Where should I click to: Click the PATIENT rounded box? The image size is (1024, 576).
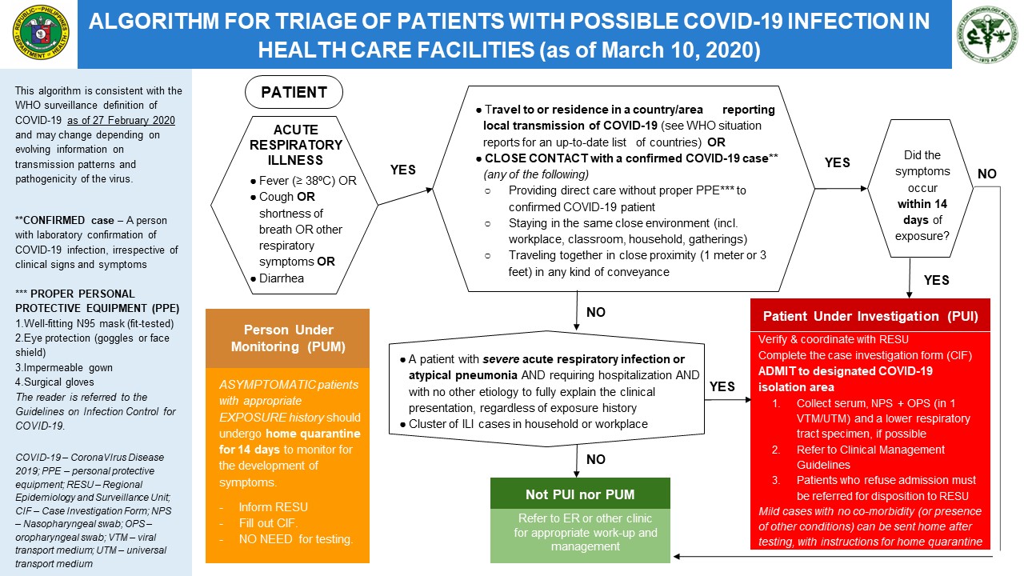pyautogui.click(x=294, y=92)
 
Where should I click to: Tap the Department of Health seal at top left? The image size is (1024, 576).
pyautogui.click(x=39, y=34)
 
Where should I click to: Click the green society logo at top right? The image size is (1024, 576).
pyautogui.click(x=987, y=34)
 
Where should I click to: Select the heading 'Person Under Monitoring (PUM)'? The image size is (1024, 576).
pyautogui.click(x=287, y=338)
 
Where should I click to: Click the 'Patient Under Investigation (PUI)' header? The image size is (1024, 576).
pyautogui.click(x=870, y=315)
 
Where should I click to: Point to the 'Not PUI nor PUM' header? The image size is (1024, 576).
pyautogui.click(x=568, y=494)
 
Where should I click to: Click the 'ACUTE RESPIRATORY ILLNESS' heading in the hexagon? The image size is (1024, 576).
pyautogui.click(x=295, y=144)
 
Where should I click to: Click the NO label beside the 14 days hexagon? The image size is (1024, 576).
pyautogui.click(x=987, y=174)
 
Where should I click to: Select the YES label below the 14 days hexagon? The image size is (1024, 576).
pyautogui.click(x=937, y=280)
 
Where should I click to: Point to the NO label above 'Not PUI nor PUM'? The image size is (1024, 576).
pyautogui.click(x=596, y=459)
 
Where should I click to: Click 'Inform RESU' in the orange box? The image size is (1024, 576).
pyautogui.click(x=273, y=507)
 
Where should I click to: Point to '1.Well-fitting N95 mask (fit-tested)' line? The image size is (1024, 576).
pyautogui.click(x=94, y=323)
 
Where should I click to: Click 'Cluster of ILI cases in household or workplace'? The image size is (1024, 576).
pyautogui.click(x=528, y=423)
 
